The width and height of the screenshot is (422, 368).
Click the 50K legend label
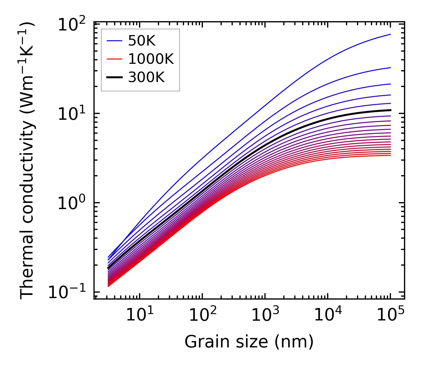coord(142,41)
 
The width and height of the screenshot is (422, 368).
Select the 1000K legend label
coord(151,59)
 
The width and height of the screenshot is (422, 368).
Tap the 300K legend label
coord(146,77)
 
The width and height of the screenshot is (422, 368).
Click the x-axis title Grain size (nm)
coord(249,342)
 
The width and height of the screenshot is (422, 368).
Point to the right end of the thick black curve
coord(390,110)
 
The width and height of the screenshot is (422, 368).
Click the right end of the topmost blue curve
coord(390,34)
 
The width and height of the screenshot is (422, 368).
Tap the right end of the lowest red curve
coord(390,155)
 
